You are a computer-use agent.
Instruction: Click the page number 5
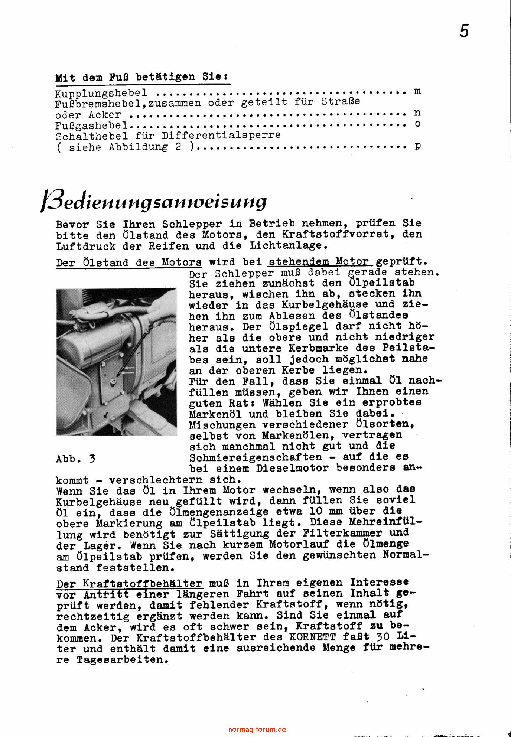pyautogui.click(x=464, y=31)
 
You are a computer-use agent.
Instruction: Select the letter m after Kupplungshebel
pyautogui.click(x=417, y=91)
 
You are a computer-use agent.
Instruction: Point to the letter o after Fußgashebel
pyautogui.click(x=418, y=124)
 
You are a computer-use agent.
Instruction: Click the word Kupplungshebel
pyautogui.click(x=101, y=93)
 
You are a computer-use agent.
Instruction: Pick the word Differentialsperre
pyautogui.click(x=217, y=135)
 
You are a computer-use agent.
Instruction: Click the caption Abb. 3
pyautogui.click(x=75, y=459)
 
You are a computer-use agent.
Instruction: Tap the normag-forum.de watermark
pyautogui.click(x=257, y=729)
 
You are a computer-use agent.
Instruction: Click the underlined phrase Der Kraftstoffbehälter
pyautogui.click(x=130, y=583)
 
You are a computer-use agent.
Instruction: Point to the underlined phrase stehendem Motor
pyautogui.click(x=320, y=262)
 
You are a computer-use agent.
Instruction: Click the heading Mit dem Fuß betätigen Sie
pyautogui.click(x=142, y=78)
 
